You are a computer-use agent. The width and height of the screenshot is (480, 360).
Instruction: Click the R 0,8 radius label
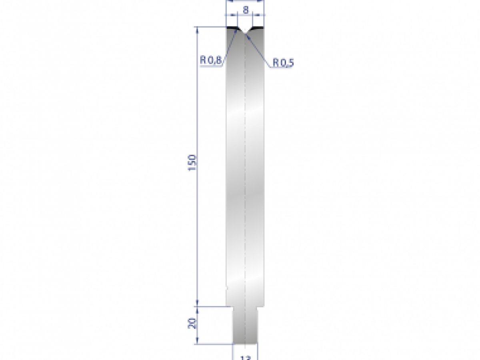210,60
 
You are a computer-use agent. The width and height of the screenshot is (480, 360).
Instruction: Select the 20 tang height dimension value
192,323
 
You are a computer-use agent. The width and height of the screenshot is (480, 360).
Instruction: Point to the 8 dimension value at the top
246,10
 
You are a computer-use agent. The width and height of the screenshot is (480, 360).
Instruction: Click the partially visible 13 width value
245,357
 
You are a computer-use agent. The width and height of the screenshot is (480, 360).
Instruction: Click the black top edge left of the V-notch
232,28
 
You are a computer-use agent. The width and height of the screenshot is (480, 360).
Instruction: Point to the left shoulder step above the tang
230,306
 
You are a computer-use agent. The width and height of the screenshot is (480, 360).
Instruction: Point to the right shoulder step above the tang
260,306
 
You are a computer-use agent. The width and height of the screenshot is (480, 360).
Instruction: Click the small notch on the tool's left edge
226,287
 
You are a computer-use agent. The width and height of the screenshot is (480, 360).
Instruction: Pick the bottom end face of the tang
245,343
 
